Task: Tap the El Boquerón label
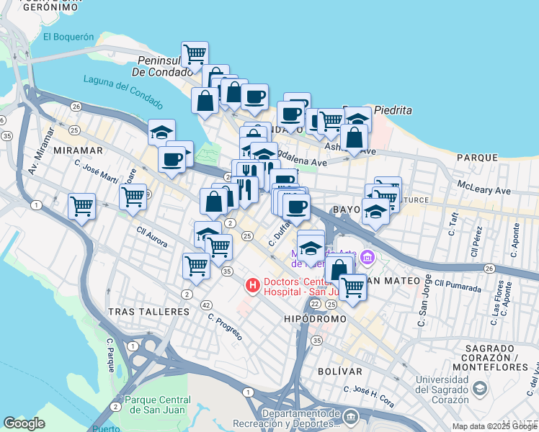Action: [68, 37]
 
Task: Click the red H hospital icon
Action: [252, 286]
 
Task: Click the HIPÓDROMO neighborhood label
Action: [315, 318]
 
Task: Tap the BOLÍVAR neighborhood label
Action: [339, 371]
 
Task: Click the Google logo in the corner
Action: [24, 423]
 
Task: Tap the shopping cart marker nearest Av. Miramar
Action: [81, 207]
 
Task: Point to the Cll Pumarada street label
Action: [457, 286]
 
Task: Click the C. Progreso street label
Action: [225, 327]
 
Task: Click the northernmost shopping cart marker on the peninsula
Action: [195, 54]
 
